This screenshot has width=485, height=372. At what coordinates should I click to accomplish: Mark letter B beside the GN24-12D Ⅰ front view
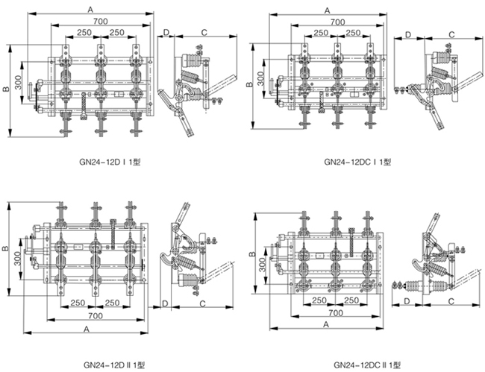6,89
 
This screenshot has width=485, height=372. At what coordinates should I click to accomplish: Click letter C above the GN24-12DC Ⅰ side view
451,34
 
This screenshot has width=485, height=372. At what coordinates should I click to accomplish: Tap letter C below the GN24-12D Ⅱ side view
202,303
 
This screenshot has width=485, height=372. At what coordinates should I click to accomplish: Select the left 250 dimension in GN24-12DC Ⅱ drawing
319,300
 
